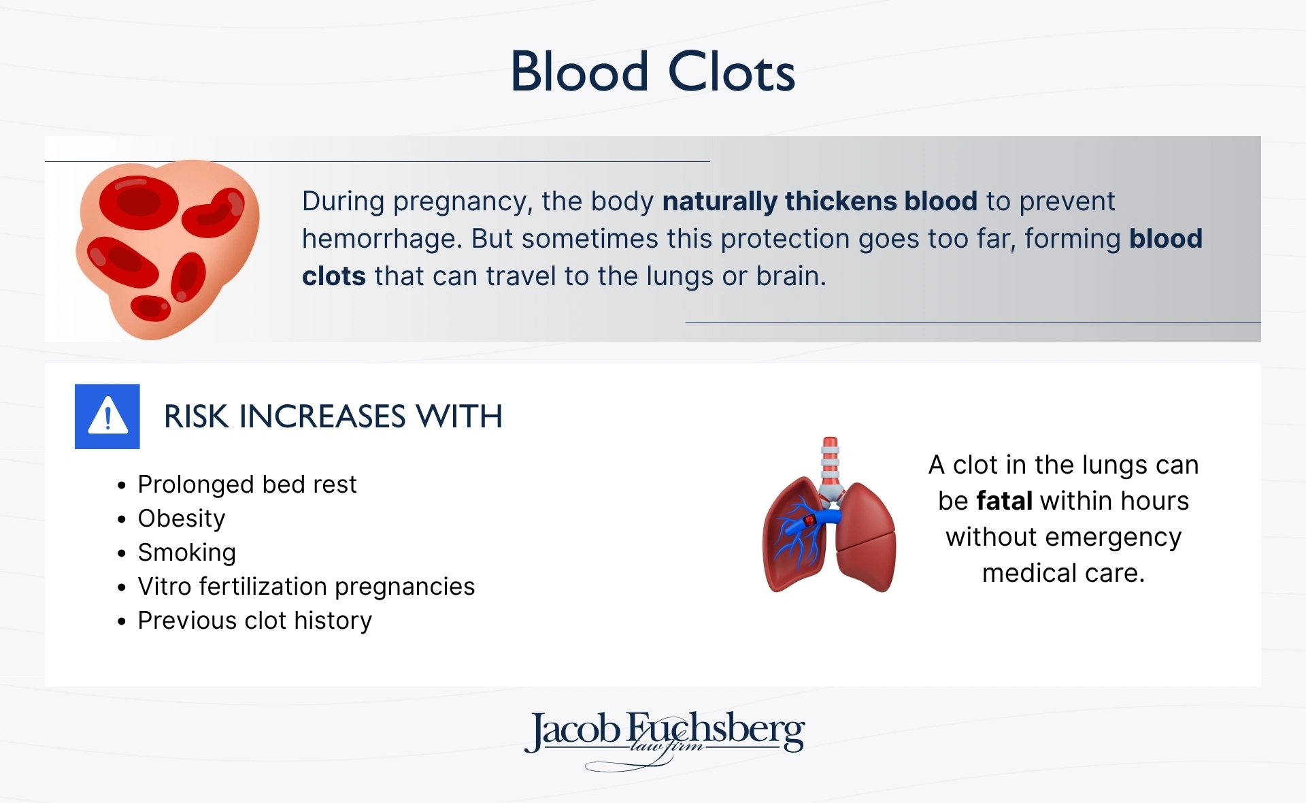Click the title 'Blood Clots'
652,71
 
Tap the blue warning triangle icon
107,416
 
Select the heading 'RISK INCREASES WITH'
333,416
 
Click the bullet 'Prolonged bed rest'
247,485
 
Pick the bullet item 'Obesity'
182,519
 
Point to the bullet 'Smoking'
187,553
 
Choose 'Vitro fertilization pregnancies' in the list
306,587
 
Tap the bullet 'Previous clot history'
255,621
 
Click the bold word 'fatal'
1004,501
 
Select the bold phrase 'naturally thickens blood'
820,201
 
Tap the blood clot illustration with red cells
167,248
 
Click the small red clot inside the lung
809,521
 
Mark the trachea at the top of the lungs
830,463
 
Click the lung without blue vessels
865,538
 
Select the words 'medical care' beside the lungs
1063,573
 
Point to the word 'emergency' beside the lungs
1114,537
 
